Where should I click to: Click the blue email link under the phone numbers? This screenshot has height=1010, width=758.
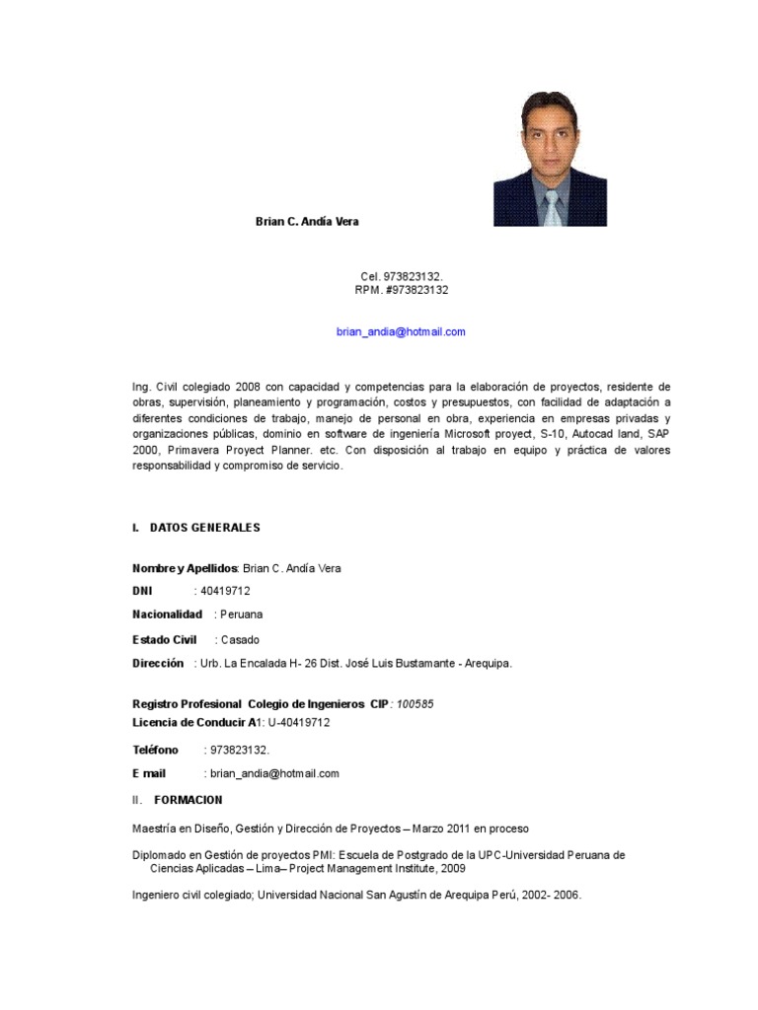coord(401,332)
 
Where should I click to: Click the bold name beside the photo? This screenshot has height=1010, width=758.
coord(307,222)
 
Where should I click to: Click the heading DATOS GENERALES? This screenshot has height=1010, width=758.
coord(204,528)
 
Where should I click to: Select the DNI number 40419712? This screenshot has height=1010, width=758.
coord(225,591)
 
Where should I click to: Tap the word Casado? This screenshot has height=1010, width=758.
coord(241,639)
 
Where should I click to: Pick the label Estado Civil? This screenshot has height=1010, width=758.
coord(164,639)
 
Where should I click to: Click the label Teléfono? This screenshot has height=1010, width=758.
coord(155,750)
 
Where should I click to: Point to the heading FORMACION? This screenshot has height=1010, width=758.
coord(189,799)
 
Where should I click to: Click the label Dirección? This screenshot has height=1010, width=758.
coord(158,664)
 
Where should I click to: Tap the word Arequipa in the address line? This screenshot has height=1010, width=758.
coord(483,664)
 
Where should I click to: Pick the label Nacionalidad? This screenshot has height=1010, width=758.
coord(167,614)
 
